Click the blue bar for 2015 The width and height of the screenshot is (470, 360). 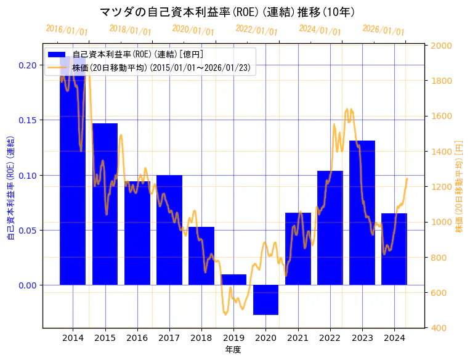coord(105,203)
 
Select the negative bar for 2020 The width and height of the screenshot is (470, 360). coord(265,300)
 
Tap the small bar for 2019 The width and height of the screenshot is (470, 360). coord(233,280)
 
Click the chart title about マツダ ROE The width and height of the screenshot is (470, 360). coord(227,12)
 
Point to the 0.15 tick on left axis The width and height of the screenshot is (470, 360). coord(27,120)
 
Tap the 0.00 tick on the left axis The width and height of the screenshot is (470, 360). coord(27,285)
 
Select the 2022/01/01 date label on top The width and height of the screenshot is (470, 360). coord(256,31)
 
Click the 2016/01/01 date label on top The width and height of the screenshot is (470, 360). coord(67,30)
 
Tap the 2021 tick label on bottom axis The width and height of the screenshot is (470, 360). coord(298,338)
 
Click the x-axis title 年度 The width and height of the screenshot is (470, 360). coord(233,350)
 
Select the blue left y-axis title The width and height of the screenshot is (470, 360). coord(10,186)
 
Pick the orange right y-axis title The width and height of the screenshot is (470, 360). coord(459,186)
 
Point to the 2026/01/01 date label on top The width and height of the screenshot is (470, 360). coord(383,31)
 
